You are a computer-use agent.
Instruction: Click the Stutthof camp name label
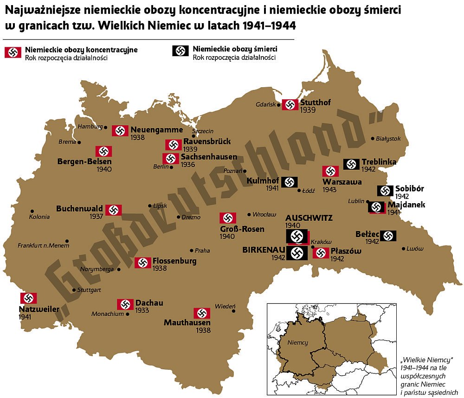[x=316, y=103]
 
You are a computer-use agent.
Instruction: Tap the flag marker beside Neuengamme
[x=120, y=130]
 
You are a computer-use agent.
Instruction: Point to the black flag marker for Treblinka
[x=352, y=164]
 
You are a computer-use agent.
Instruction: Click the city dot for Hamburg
[x=106, y=127]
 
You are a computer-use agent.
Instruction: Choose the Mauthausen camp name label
[x=187, y=322]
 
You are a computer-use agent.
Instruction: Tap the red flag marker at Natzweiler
[x=28, y=298]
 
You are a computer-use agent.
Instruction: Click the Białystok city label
[x=388, y=138]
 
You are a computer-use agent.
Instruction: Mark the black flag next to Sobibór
[x=385, y=191]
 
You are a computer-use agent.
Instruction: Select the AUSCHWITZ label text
[x=309, y=218]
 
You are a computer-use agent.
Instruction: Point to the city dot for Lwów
[x=403, y=249]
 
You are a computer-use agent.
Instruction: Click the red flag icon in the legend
[x=13, y=52]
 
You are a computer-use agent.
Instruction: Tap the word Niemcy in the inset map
[x=297, y=342]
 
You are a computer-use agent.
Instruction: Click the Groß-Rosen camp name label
[x=242, y=229]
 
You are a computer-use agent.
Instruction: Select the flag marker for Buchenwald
[x=113, y=210]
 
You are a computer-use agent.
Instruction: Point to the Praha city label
[x=202, y=250]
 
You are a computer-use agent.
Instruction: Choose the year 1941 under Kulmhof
[x=272, y=188]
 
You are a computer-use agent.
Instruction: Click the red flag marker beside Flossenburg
[x=143, y=263]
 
